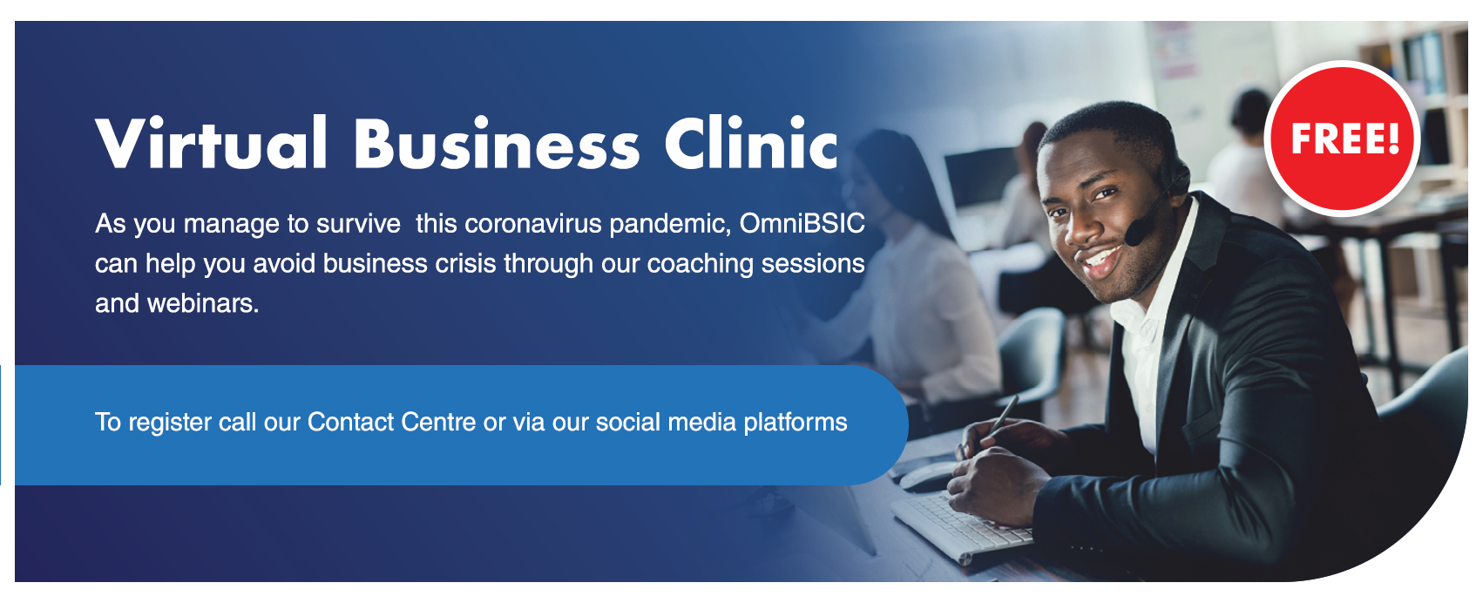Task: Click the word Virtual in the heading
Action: (x=211, y=143)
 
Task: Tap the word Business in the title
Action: (x=497, y=143)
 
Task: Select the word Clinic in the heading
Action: (x=751, y=143)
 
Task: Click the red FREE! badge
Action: (x=1343, y=139)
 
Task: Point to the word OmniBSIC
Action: (x=802, y=224)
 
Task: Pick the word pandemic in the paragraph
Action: (x=670, y=225)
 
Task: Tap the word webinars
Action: (x=203, y=304)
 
